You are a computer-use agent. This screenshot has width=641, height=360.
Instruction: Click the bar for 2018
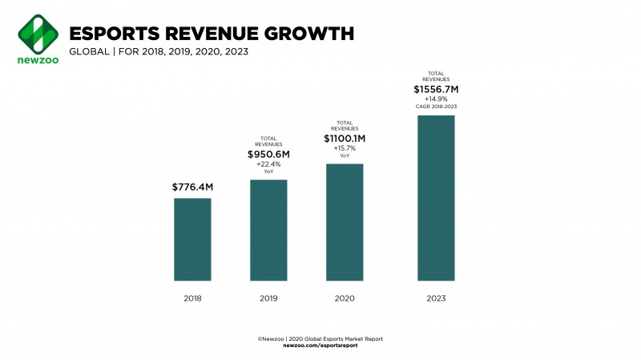coord(192,239)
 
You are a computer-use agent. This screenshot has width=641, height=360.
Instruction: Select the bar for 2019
coord(268,230)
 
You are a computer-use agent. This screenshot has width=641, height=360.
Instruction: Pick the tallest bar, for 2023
coord(436,198)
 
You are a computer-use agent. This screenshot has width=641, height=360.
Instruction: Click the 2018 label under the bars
coord(192,298)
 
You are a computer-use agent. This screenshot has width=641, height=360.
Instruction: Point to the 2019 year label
coord(268,298)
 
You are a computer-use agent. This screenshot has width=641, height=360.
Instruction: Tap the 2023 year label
coord(436,298)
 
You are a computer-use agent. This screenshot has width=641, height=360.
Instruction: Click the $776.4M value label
coord(192,187)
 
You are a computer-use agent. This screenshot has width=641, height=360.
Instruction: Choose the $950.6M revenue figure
coord(268,153)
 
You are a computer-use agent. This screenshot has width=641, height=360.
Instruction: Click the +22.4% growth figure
coord(268,164)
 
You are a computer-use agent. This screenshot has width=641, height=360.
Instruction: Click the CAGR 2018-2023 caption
coord(436,106)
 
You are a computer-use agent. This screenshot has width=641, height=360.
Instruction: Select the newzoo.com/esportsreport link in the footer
coord(320,346)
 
